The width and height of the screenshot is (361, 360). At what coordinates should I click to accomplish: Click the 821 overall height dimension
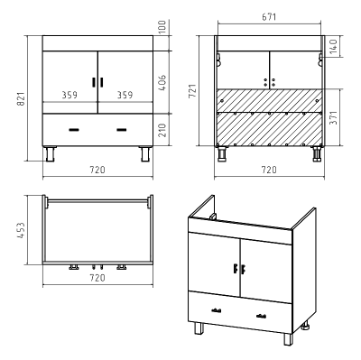click(21, 98)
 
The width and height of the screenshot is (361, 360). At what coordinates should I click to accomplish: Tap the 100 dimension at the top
click(162, 27)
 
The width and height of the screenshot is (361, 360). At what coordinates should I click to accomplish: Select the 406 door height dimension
click(162, 82)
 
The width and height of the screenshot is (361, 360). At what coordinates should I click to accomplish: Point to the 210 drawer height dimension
click(162, 130)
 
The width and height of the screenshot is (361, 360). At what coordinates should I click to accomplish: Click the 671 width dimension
click(269, 17)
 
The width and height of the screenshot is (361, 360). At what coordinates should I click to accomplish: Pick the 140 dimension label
click(334, 46)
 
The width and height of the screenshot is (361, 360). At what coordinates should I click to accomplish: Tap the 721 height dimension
click(192, 91)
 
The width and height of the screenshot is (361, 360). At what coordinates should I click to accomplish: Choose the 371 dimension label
click(334, 117)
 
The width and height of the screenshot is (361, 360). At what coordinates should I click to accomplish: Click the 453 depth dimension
click(21, 230)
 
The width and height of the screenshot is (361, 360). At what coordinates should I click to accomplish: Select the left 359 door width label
click(69, 95)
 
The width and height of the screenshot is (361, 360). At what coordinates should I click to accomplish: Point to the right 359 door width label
click(125, 95)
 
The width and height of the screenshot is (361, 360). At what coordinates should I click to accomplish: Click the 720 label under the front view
click(97, 170)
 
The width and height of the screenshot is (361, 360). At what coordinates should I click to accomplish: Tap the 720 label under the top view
click(97, 278)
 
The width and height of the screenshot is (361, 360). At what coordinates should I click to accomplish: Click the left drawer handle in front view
click(74, 130)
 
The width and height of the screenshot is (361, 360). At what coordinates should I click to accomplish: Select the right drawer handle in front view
click(122, 130)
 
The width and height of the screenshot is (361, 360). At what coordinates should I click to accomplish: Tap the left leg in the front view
click(50, 153)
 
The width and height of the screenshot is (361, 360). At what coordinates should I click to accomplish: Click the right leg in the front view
click(146, 153)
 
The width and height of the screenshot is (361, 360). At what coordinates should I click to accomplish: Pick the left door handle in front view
click(94, 82)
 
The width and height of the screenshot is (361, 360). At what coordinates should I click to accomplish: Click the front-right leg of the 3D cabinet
click(288, 339)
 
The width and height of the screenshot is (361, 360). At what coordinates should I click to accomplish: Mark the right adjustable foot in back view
click(316, 154)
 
